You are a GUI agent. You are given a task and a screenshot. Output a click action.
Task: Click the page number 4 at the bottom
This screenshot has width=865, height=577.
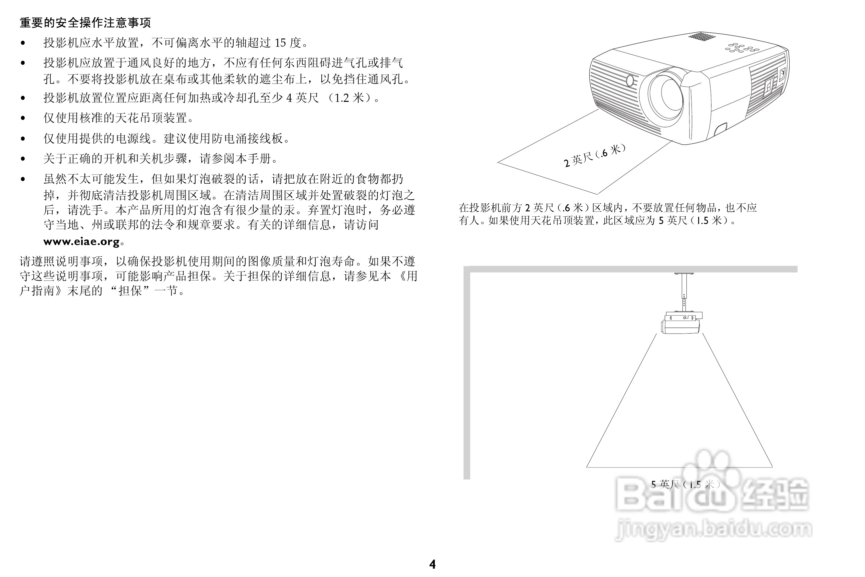click(432, 564)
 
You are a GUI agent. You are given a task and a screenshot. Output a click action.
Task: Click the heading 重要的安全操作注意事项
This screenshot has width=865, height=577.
click(85, 23)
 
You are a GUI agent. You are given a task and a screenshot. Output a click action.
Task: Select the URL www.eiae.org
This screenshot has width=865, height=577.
click(82, 241)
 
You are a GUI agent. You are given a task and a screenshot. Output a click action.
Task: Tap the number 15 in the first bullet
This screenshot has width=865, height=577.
click(280, 43)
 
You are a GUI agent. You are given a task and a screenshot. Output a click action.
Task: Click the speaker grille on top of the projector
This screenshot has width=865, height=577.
click(701, 36)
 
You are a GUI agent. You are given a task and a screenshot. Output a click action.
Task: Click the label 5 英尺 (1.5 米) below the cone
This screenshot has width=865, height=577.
click(686, 484)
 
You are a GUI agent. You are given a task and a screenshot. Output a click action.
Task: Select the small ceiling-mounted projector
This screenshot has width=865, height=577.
click(681, 323)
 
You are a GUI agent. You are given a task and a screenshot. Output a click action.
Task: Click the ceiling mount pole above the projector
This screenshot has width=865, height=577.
click(684, 292)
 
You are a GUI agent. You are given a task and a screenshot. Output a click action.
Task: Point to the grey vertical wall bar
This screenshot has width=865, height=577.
click(467, 372)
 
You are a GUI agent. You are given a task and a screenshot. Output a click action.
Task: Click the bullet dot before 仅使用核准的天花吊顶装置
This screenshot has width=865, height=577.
click(23, 118)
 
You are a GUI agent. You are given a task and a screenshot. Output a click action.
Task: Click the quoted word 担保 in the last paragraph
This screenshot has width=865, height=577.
click(130, 291)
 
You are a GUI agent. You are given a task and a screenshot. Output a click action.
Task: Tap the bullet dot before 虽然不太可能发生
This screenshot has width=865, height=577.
click(23, 179)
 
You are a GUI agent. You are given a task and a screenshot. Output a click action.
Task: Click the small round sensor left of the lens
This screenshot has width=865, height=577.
click(630, 80)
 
